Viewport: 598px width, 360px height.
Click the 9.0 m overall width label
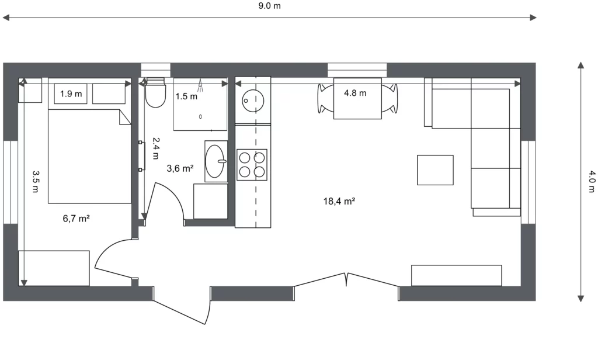[x=269, y=6]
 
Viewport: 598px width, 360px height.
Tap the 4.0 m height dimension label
[x=591, y=181]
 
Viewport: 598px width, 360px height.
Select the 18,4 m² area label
[x=339, y=201]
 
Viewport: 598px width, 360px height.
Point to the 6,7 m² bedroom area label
[x=77, y=219]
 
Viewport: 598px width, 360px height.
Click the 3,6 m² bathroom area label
[x=180, y=168]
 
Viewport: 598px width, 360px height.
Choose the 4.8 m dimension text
[x=355, y=93]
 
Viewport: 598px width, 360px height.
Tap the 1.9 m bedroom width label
[x=71, y=94]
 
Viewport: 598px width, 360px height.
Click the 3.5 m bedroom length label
[x=35, y=181]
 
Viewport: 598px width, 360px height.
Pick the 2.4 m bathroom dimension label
[x=155, y=148]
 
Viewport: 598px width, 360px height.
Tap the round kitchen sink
[x=253, y=101]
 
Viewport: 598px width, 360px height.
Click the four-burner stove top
[x=252, y=165]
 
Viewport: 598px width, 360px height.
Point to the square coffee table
[x=435, y=170]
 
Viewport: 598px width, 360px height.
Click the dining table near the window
[x=357, y=99]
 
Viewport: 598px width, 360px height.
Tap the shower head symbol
[x=201, y=85]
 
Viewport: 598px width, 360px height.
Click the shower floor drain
[x=201, y=116]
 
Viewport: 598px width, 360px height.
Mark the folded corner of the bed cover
[x=125, y=117]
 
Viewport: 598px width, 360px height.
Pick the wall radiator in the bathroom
[x=141, y=156]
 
